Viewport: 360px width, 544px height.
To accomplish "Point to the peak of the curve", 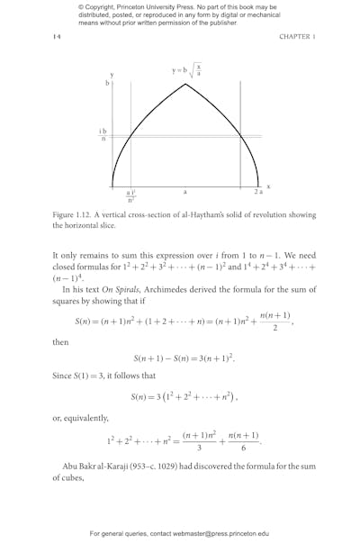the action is tap(185, 84).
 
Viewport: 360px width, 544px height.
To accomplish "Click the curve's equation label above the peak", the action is tap(186, 70).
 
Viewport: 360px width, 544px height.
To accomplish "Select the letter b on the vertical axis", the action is tap(107, 83).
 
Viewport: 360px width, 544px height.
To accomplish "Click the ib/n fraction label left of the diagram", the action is tap(103, 135).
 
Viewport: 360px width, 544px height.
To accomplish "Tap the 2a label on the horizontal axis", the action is tap(258, 192).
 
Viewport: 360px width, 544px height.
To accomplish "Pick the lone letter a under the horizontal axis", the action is tap(185, 192).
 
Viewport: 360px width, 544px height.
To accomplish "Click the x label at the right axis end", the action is tap(268, 186).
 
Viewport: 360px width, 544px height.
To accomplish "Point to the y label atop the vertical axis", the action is tap(112, 74).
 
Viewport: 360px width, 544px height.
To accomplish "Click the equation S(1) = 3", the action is tap(112, 378).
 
